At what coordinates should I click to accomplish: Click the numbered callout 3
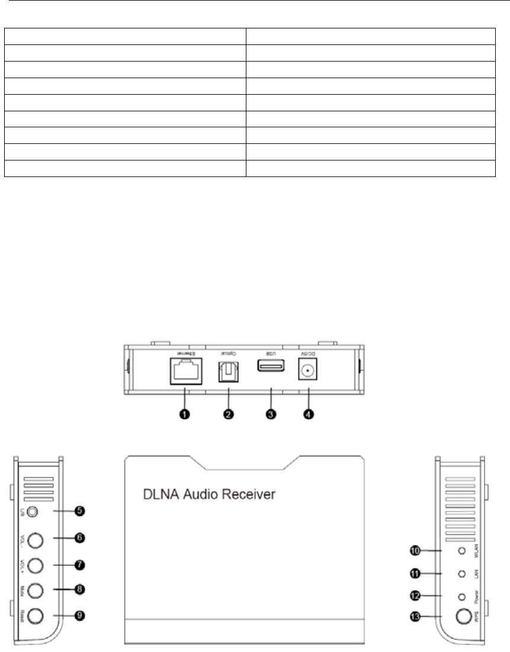point(271,415)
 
